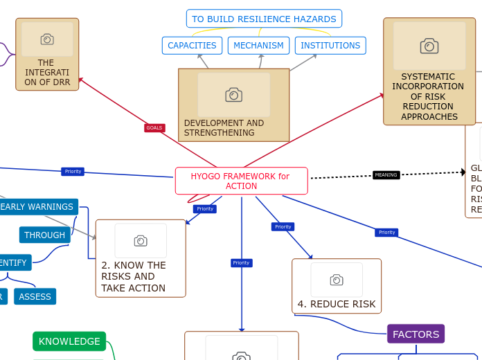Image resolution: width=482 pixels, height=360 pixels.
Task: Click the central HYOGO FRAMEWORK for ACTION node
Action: (241, 181)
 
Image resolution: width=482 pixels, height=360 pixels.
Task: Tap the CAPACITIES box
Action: (192, 46)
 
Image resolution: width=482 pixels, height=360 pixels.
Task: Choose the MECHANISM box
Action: (258, 46)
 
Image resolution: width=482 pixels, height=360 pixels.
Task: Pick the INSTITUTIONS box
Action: (330, 46)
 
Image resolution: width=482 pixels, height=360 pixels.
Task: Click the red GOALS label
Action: (154, 128)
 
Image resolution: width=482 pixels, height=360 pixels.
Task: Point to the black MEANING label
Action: (386, 175)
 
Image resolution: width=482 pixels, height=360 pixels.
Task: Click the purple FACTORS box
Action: (416, 334)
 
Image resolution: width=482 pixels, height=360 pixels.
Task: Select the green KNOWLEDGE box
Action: (69, 341)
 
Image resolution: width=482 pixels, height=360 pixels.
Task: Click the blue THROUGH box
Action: (44, 235)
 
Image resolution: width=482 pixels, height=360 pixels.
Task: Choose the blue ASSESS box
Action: (35, 297)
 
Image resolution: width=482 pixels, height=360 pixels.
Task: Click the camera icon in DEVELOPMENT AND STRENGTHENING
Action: (233, 95)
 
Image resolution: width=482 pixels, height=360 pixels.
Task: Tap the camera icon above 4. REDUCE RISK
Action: (337, 280)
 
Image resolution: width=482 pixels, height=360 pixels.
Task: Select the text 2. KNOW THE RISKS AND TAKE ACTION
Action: (134, 276)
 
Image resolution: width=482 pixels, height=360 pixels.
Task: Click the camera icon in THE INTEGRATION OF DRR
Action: (47, 39)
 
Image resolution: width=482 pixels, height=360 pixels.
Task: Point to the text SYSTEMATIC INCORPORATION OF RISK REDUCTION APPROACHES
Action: (428, 96)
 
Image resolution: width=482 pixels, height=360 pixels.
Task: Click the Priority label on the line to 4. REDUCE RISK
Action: (283, 226)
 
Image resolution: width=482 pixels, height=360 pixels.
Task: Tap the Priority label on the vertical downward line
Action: (241, 263)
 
